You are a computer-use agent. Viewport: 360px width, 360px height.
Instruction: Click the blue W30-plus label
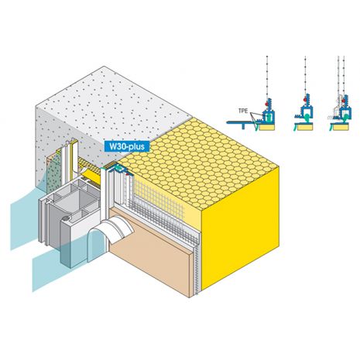tap(127, 146)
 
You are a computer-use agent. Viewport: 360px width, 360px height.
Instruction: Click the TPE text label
tap(243, 111)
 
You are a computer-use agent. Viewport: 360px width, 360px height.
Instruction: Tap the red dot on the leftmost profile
tap(266, 104)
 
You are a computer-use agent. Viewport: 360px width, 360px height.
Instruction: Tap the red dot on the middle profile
tap(305, 99)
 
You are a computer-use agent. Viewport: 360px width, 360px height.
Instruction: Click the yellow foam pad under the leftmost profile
tap(267, 127)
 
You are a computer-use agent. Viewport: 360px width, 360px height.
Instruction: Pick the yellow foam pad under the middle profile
tap(306, 126)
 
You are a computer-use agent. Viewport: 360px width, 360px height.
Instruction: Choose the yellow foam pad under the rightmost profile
tap(341, 127)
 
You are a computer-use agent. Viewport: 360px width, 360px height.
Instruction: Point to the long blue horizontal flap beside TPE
tap(239, 122)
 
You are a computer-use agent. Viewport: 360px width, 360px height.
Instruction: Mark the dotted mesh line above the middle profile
tap(305, 75)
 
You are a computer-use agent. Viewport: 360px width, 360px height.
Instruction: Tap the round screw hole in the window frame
tap(66, 218)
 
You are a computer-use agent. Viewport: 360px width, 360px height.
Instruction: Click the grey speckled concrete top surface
tap(114, 108)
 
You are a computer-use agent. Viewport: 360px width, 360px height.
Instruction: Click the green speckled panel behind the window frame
tap(53, 173)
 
